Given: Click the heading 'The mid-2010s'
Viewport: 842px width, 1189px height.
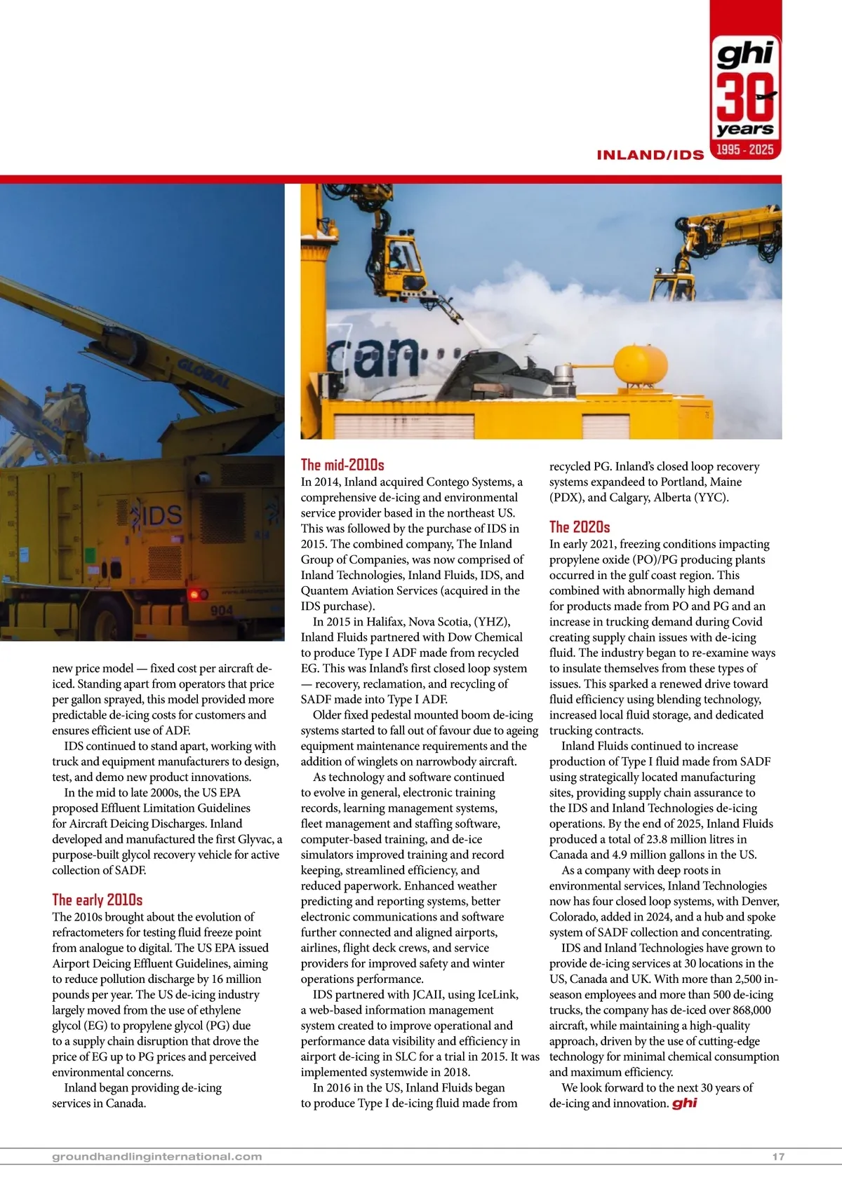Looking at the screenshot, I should pos(342,465).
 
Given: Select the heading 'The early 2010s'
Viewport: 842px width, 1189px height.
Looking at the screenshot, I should pos(97,900).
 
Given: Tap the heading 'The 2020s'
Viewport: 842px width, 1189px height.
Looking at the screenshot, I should pos(580,527).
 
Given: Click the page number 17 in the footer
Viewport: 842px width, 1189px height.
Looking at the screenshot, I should pos(778,1157).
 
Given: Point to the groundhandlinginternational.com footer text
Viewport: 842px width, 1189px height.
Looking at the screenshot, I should pos(157,1157).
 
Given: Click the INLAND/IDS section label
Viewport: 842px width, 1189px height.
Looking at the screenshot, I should pos(650,155).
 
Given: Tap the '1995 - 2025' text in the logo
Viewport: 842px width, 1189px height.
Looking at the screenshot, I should pos(745,149).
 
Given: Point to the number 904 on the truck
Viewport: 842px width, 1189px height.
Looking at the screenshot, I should pos(222,611).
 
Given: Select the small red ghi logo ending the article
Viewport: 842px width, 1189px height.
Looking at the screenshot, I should pos(684,1103).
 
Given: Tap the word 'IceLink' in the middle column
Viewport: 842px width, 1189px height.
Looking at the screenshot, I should pos(497,995).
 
